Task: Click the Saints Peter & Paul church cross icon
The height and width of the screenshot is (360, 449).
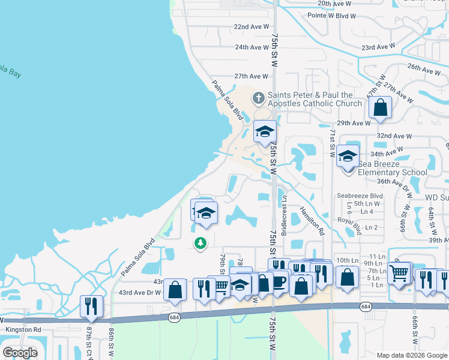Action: pyautogui.click(x=258, y=97)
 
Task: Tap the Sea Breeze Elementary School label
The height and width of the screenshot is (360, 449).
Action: pyautogui.click(x=393, y=167)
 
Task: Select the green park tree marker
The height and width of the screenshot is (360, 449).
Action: pyautogui.click(x=200, y=243)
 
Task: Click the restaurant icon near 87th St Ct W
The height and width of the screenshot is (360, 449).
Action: pyautogui.click(x=91, y=305)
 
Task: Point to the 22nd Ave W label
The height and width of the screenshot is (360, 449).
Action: pyautogui.click(x=251, y=27)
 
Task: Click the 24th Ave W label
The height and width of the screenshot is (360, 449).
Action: pyautogui.click(x=251, y=47)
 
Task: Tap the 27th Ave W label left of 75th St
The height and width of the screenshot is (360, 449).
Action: pyautogui.click(x=251, y=76)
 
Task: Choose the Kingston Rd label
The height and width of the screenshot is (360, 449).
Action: pyautogui.click(x=23, y=329)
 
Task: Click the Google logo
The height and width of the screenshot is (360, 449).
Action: pyautogui.click(x=20, y=353)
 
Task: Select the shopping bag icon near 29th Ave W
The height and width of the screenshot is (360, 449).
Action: pyautogui.click(x=380, y=108)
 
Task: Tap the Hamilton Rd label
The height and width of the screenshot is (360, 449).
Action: pyautogui.click(x=312, y=220)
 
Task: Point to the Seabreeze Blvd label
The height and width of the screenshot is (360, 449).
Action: pyautogui.click(x=360, y=196)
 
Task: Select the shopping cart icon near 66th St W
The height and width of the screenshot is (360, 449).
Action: pyautogui.click(x=399, y=273)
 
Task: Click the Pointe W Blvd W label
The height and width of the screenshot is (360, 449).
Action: pyautogui.click(x=332, y=16)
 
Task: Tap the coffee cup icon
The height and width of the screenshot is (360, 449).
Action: pyautogui.click(x=279, y=281)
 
